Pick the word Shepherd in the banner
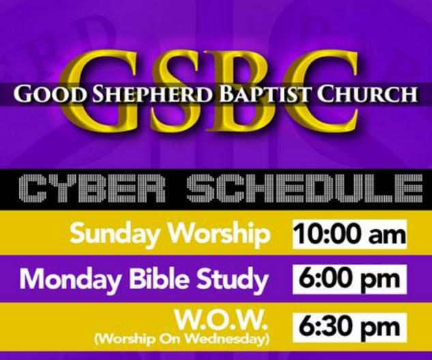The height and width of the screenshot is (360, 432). click(132, 94)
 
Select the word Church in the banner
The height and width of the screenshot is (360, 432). click(368, 94)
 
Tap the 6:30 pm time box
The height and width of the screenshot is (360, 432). click(349, 327)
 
